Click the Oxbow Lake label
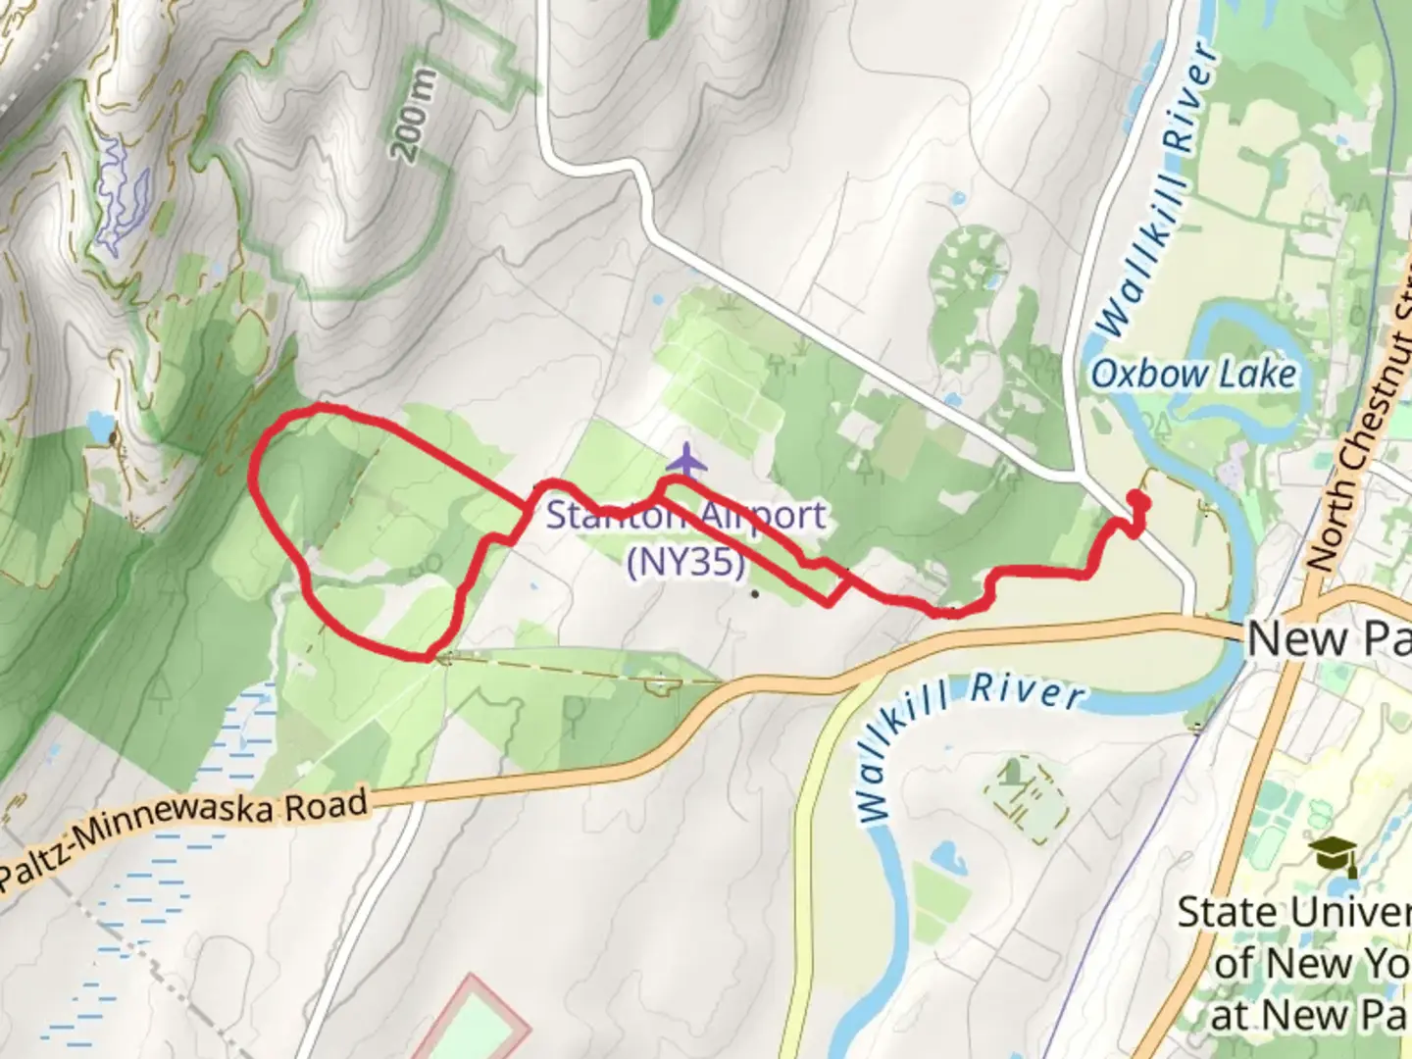click(1193, 375)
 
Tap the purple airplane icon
click(686, 458)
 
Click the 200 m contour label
click(413, 118)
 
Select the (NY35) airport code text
click(685, 562)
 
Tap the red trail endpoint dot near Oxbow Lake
click(1137, 500)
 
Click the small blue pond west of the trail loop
click(99, 426)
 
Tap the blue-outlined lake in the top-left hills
click(123, 191)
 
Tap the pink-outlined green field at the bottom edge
click(480, 1025)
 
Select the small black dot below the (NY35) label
click(754, 593)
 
